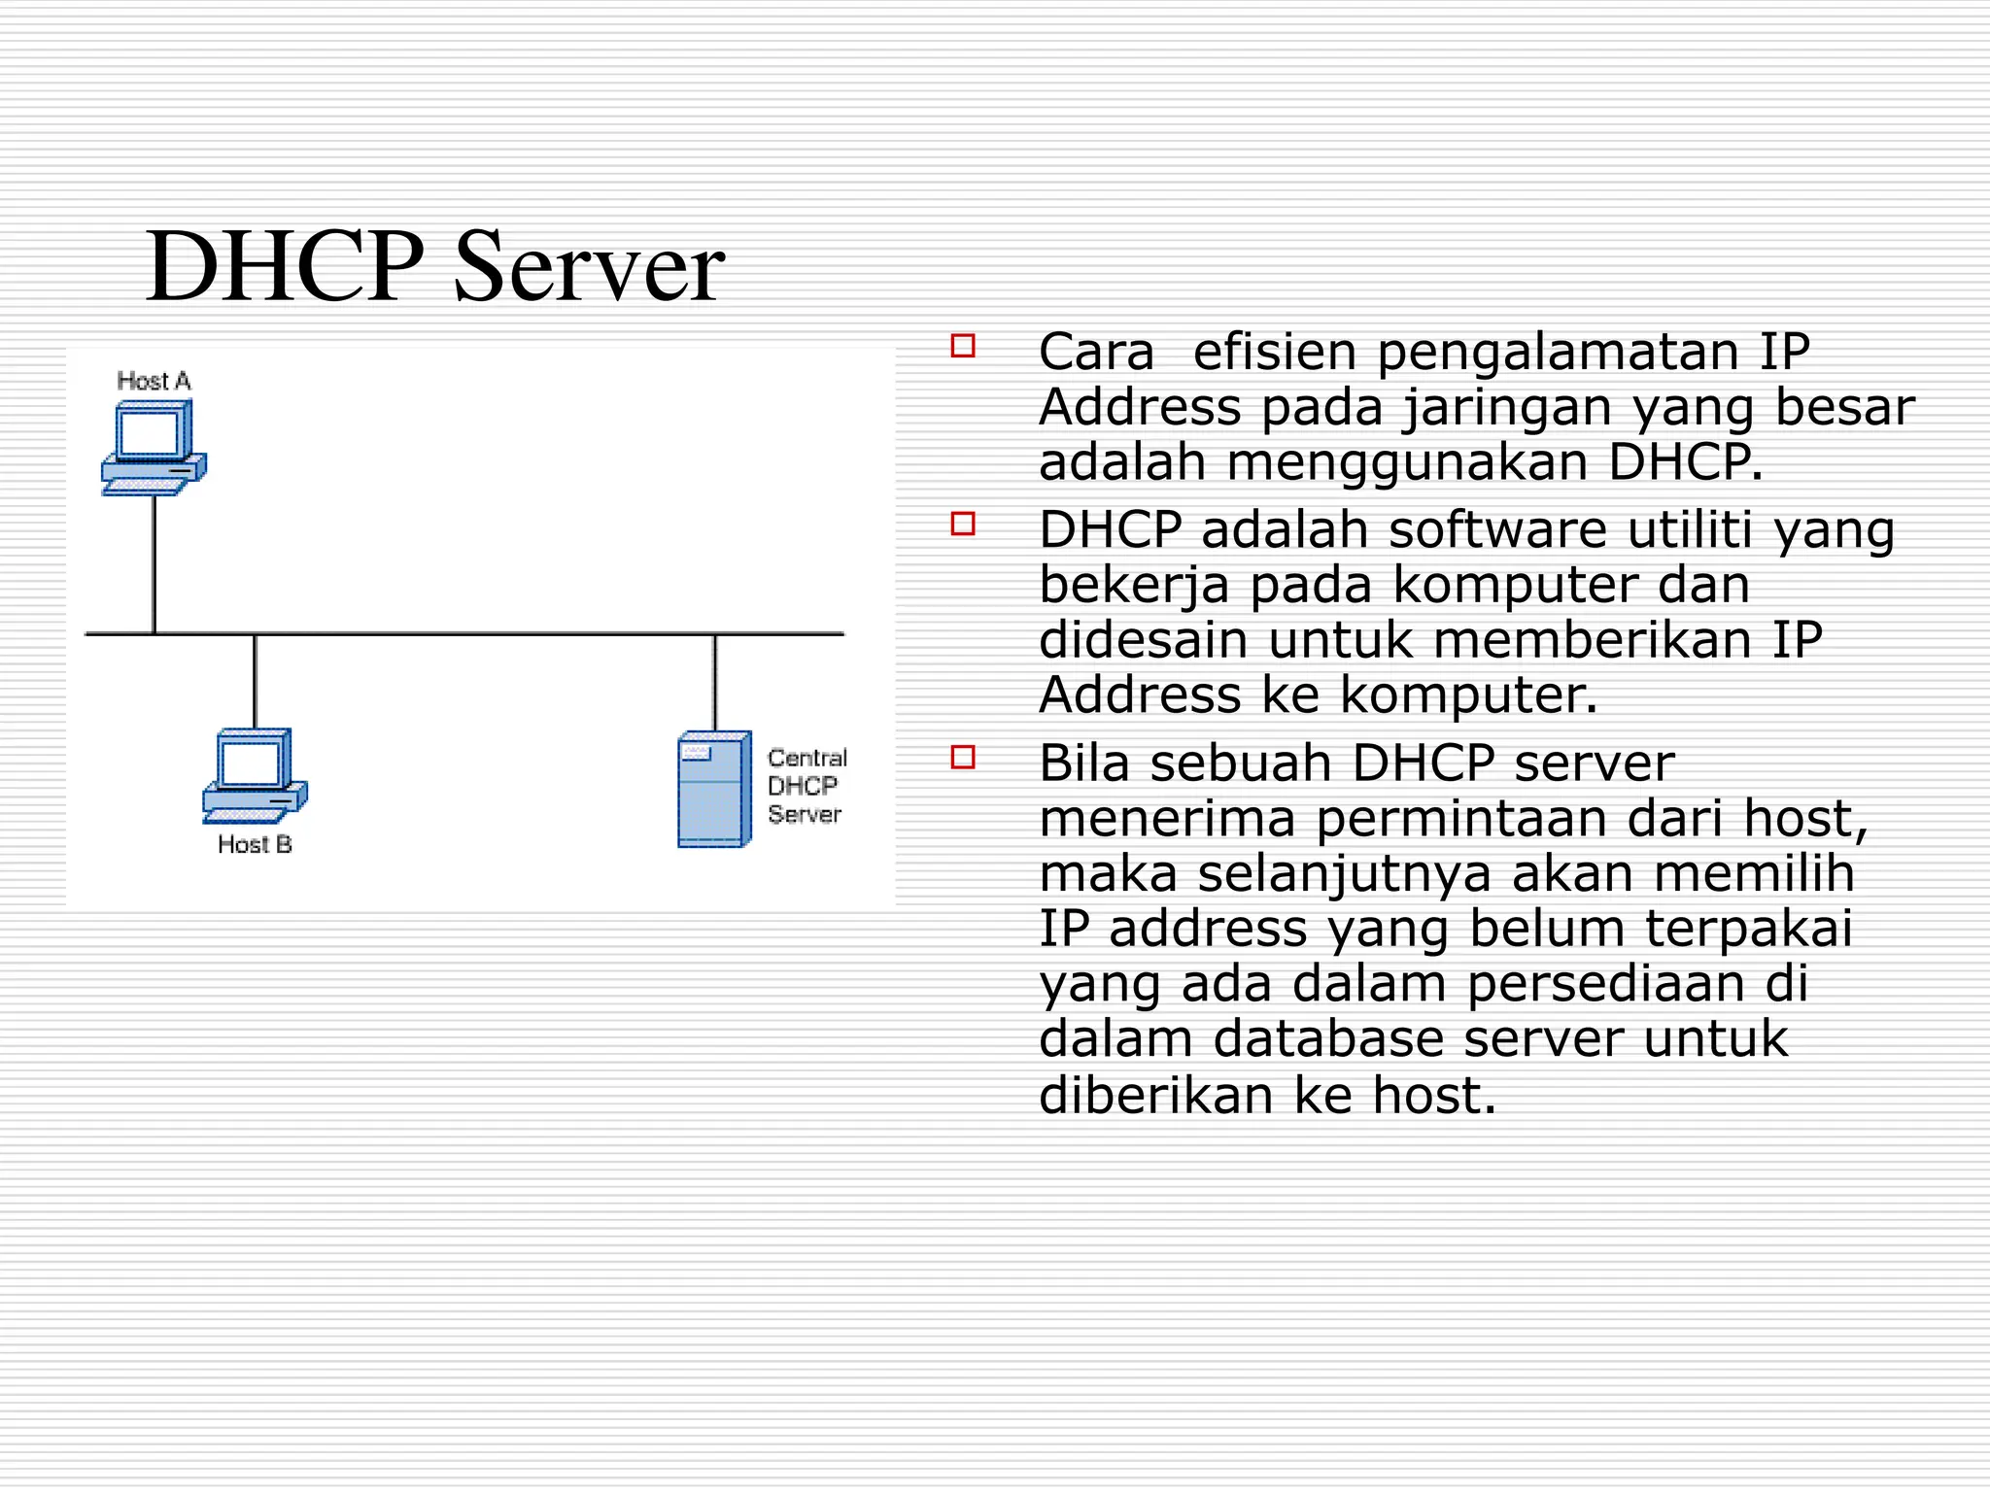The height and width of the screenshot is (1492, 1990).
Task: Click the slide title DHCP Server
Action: [434, 266]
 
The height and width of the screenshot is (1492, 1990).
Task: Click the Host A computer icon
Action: [153, 447]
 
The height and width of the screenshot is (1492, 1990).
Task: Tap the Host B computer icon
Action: [255, 775]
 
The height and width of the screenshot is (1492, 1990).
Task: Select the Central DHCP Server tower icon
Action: [714, 789]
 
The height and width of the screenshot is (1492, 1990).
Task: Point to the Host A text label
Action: [154, 381]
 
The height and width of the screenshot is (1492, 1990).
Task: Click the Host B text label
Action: [255, 844]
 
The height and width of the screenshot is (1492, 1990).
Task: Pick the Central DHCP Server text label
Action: [806, 786]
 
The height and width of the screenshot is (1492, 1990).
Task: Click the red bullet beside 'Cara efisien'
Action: [962, 346]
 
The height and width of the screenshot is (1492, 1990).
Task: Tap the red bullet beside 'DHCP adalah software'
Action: [962, 524]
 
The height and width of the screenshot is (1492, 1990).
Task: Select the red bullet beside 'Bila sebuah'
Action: [962, 757]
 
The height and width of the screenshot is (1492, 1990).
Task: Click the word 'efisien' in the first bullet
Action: [1274, 351]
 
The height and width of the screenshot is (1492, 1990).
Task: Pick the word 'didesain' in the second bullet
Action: [1143, 640]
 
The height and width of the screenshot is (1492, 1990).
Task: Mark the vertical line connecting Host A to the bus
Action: [154, 563]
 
